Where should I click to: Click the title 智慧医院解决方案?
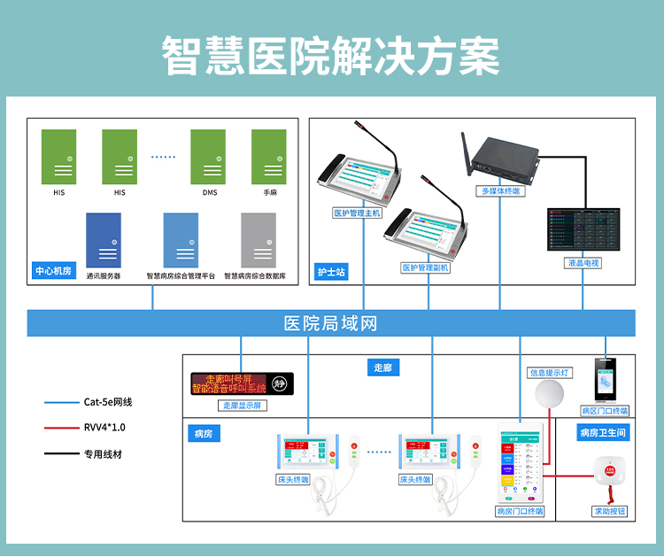pyautogui.click(x=331, y=56)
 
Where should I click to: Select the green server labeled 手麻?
pyautogui.click(x=268, y=156)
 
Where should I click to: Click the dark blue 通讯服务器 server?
pyautogui.click(x=104, y=239)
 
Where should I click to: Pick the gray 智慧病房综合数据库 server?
pyautogui.click(x=258, y=239)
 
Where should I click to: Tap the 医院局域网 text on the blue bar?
pyautogui.click(x=330, y=323)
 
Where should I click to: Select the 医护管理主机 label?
pyautogui.click(x=357, y=213)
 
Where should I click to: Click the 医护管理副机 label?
pyautogui.click(x=426, y=267)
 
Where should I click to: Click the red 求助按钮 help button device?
pyautogui.click(x=608, y=473)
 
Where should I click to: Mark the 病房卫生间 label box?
pyautogui.click(x=603, y=433)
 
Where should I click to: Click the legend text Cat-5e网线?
pyautogui.click(x=108, y=401)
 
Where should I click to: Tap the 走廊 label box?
pyautogui.click(x=382, y=367)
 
